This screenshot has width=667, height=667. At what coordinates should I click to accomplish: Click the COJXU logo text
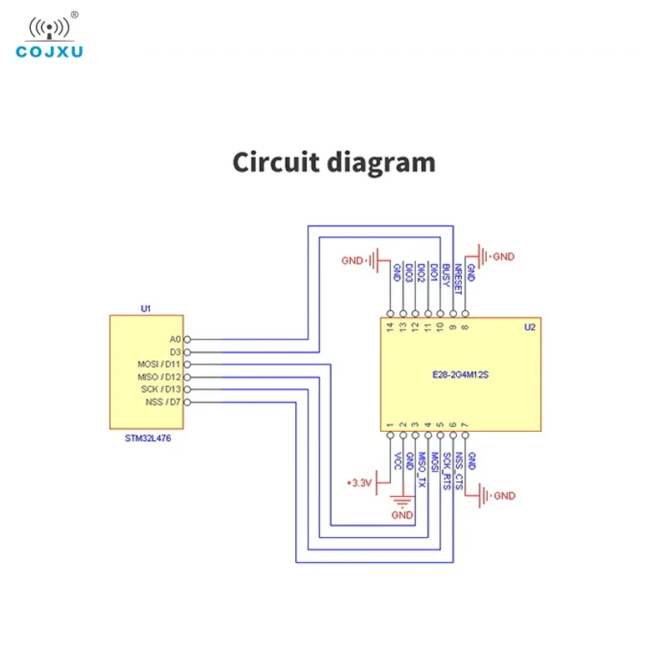(49, 52)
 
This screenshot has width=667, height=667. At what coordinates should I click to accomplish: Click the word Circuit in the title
(276, 162)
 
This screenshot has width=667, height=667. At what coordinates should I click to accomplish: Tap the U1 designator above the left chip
(145, 308)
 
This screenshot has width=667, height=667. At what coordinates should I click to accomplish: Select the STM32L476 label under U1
(148, 439)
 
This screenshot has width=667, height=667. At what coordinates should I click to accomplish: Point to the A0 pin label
(175, 339)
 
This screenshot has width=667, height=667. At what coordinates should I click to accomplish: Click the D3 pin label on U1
(175, 352)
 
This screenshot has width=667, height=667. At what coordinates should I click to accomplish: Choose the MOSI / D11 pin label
(159, 364)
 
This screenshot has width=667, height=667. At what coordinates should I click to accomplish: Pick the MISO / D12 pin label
(159, 378)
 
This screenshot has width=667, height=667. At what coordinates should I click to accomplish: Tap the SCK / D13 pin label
(161, 389)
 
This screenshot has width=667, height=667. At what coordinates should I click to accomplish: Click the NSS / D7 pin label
(163, 402)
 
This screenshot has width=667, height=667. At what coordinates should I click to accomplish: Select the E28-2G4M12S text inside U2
(460, 374)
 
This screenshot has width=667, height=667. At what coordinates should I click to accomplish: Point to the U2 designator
(529, 327)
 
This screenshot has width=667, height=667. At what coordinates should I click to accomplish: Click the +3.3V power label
(359, 483)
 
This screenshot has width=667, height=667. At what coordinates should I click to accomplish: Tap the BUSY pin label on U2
(446, 275)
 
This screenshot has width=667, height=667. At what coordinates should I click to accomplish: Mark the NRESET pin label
(458, 279)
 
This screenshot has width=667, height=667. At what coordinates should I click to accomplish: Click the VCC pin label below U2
(398, 461)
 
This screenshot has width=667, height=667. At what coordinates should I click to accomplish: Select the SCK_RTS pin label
(447, 471)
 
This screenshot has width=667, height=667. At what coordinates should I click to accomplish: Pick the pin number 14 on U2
(390, 327)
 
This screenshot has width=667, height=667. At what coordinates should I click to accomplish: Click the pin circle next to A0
(187, 339)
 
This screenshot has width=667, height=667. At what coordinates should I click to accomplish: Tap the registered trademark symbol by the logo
(74, 15)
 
